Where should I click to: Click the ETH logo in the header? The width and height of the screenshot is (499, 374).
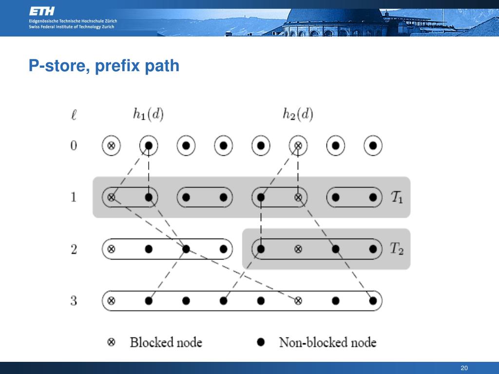(42, 11)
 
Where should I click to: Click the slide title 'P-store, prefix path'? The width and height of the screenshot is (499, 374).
(104, 65)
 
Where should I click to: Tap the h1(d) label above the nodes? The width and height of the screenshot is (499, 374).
(148, 114)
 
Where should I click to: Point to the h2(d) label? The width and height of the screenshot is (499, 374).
(298, 114)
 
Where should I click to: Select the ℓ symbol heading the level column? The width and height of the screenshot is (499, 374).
(74, 116)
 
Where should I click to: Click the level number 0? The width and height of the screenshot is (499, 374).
(74, 145)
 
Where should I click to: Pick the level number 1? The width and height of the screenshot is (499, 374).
(74, 197)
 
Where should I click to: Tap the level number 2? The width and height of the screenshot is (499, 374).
(74, 249)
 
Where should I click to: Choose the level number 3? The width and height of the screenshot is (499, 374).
(74, 300)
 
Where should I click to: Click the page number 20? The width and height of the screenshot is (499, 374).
(464, 368)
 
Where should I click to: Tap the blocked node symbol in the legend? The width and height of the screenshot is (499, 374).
(111, 342)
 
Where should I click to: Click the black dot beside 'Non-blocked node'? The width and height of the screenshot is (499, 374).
(261, 342)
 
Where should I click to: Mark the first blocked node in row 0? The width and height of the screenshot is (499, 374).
(111, 145)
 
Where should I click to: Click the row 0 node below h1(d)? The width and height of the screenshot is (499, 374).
(149, 145)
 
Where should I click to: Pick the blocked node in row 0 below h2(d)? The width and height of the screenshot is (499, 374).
(298, 145)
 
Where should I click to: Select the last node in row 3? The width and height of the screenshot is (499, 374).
(373, 300)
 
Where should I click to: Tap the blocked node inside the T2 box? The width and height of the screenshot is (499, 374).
(298, 249)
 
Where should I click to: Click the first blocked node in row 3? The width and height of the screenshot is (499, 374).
(111, 300)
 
